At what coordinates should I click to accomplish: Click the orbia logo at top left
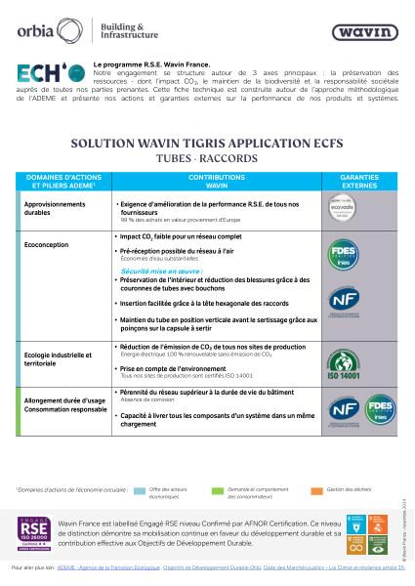[43, 29]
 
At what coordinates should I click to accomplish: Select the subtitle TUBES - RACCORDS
[207, 156]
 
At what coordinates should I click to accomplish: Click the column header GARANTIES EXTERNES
[358, 180]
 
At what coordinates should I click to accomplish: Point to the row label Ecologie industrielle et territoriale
[55, 357]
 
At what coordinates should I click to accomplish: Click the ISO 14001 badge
[358, 366]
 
